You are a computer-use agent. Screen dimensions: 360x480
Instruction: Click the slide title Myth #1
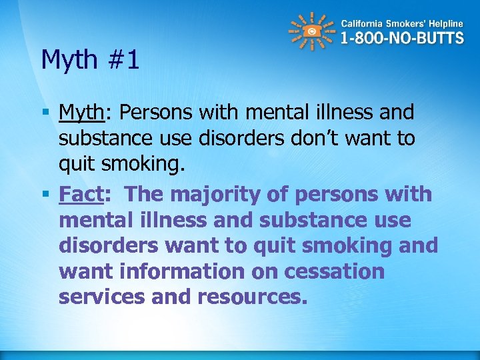tap(90, 60)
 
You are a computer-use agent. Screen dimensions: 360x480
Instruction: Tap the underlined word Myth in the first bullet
tap(81, 112)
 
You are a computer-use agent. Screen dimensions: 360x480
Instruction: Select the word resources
tap(253, 297)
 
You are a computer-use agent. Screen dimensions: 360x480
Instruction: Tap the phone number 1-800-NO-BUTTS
tap(402, 38)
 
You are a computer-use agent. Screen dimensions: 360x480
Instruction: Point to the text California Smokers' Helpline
tap(402, 23)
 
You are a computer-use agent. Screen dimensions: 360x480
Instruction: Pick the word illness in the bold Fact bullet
tap(164, 220)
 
